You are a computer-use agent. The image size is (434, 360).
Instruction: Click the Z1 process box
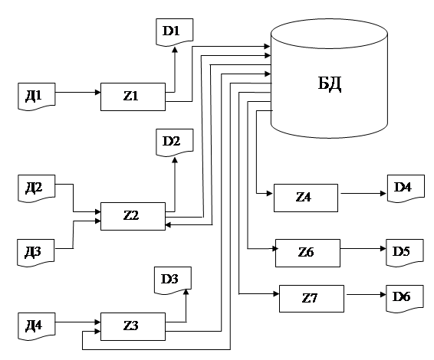(133, 97)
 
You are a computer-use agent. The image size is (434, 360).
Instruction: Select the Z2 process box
(133, 216)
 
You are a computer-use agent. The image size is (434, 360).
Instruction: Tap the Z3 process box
(133, 326)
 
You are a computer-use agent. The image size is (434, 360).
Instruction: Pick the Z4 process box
(306, 198)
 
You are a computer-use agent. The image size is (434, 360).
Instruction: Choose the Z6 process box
(307, 253)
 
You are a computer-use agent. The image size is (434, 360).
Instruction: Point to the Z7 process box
(311, 299)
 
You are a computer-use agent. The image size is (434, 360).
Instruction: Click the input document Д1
(37, 97)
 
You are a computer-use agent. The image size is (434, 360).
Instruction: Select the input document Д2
(37, 188)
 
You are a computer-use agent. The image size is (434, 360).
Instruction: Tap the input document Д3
(36, 253)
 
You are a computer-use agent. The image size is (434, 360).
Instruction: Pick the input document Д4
(37, 326)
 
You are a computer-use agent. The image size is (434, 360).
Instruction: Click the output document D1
(174, 32)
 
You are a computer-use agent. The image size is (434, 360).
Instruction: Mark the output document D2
(174, 142)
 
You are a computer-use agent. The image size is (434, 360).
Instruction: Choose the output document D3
(173, 280)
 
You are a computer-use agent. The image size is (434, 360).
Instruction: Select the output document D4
(406, 188)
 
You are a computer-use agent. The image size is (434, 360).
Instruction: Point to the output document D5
(405, 253)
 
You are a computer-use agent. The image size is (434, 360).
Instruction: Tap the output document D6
(405, 299)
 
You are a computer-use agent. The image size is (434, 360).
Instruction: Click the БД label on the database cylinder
(330, 83)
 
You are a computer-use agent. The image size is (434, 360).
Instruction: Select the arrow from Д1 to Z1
(77, 92)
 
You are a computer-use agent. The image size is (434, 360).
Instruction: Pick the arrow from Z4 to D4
(363, 193)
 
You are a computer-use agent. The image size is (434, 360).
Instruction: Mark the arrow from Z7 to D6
(367, 294)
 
